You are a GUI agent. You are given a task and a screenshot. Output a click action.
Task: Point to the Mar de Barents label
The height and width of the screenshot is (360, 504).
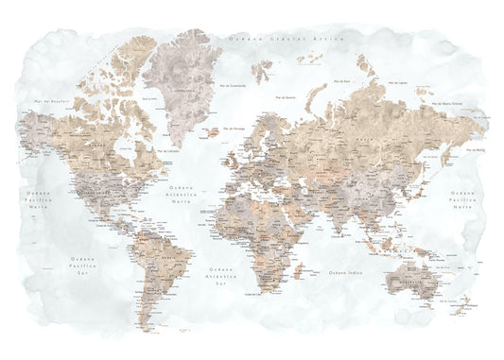(x=286, y=96)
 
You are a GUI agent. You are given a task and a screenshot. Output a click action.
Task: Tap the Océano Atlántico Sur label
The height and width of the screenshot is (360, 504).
(x=223, y=277)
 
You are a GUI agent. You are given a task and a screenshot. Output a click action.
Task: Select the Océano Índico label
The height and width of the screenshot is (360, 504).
(x=344, y=272)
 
